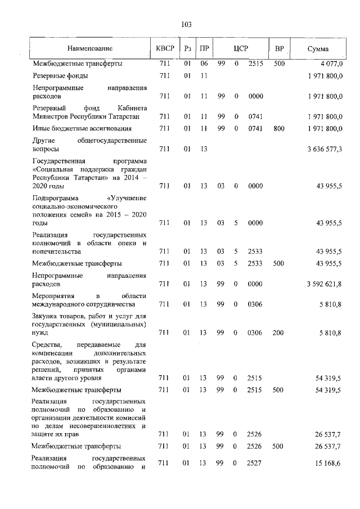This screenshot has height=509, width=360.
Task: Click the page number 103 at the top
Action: coord(187,24)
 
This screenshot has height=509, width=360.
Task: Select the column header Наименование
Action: coord(89,49)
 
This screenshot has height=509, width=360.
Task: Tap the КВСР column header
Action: coord(165,49)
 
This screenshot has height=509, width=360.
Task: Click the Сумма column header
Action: coord(318,49)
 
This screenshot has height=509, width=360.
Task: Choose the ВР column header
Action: coord(278,49)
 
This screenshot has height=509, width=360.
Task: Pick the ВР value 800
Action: coord(278,129)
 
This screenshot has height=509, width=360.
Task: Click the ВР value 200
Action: coord(278,332)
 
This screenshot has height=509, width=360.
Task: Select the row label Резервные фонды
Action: coord(60,75)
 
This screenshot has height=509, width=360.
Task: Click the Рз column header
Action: coord(188,49)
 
